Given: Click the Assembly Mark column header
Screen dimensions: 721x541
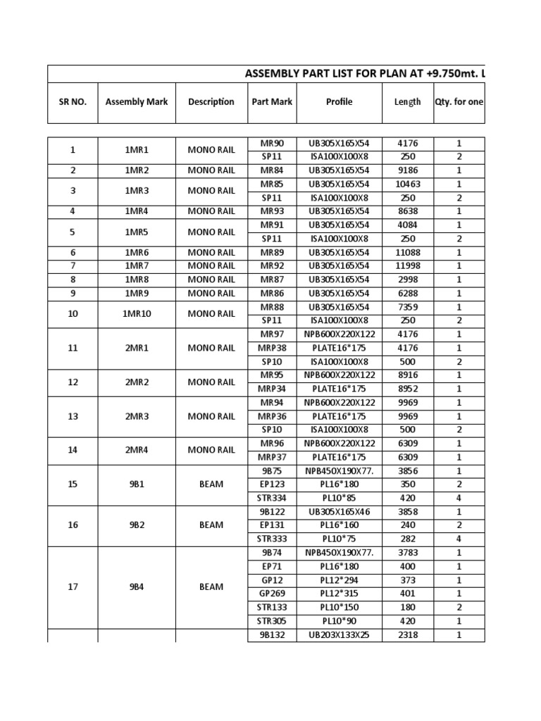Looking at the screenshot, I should (137, 101).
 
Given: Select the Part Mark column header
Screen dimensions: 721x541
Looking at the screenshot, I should (272, 101).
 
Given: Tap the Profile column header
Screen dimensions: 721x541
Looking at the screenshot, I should (339, 101).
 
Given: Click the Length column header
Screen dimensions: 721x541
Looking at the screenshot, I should (407, 101).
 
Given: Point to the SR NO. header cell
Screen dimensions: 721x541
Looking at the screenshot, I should (73, 101).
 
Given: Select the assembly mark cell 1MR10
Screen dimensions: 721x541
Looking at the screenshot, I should (137, 313).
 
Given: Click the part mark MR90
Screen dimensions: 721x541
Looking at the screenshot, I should (272, 143).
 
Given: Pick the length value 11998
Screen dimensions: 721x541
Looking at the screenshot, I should (407, 265).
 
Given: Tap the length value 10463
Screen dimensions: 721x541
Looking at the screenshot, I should (407, 184).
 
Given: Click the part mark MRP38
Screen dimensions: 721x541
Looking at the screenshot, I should (272, 348).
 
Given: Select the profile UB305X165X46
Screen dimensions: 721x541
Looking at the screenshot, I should (339, 511).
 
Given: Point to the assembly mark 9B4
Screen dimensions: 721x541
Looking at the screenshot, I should (137, 587).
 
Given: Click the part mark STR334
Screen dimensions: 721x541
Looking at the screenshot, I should (272, 498).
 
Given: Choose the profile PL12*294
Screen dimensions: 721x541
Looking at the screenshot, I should (339, 579).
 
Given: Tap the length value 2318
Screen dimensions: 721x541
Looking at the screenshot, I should (407, 634).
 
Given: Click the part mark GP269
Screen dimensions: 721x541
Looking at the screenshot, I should (272, 594).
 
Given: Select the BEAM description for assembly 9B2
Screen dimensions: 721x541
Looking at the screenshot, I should (211, 525).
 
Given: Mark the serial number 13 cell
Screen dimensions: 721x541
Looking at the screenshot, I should (73, 416).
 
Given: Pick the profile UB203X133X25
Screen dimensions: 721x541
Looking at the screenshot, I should (339, 634).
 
